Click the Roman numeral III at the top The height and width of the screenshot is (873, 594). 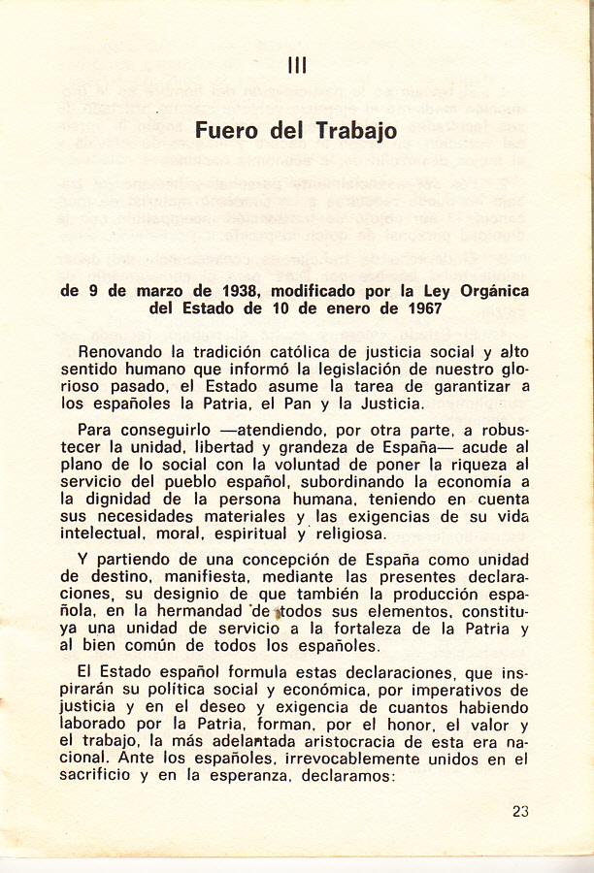pyautogui.click(x=298, y=65)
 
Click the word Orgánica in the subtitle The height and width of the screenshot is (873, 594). pyautogui.click(x=489, y=290)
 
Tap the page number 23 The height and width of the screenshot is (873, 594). pyautogui.click(x=520, y=813)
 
